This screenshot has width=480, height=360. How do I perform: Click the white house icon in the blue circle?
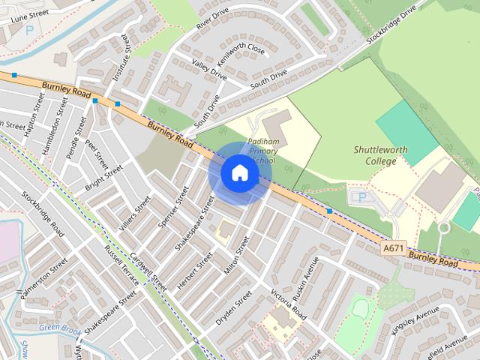coord(239,173)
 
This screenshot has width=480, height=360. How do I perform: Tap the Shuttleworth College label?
coord(380,155)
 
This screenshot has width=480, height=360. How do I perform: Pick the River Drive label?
coord(211,18)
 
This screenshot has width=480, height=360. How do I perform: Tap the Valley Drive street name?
coord(208,70)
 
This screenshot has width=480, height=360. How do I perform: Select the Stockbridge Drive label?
coord(391,25)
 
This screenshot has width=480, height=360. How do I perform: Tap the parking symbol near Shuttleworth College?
coord(362,198)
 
